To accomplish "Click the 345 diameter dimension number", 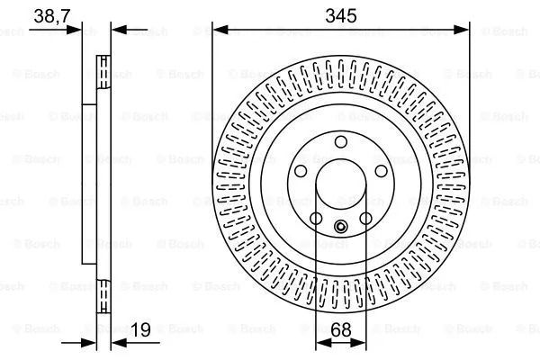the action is [x=341, y=16].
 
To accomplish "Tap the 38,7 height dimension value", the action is [x=52, y=16].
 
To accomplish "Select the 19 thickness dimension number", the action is [x=141, y=329].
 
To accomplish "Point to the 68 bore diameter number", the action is [x=341, y=329].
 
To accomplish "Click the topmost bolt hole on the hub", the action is [x=341, y=141].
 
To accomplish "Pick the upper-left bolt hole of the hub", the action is [x=301, y=171].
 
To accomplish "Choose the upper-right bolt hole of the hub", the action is [x=381, y=171].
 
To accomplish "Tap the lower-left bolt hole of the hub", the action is [x=316, y=219].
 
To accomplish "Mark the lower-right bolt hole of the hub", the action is [x=365, y=219].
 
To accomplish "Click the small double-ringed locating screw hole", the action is [x=341, y=226].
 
